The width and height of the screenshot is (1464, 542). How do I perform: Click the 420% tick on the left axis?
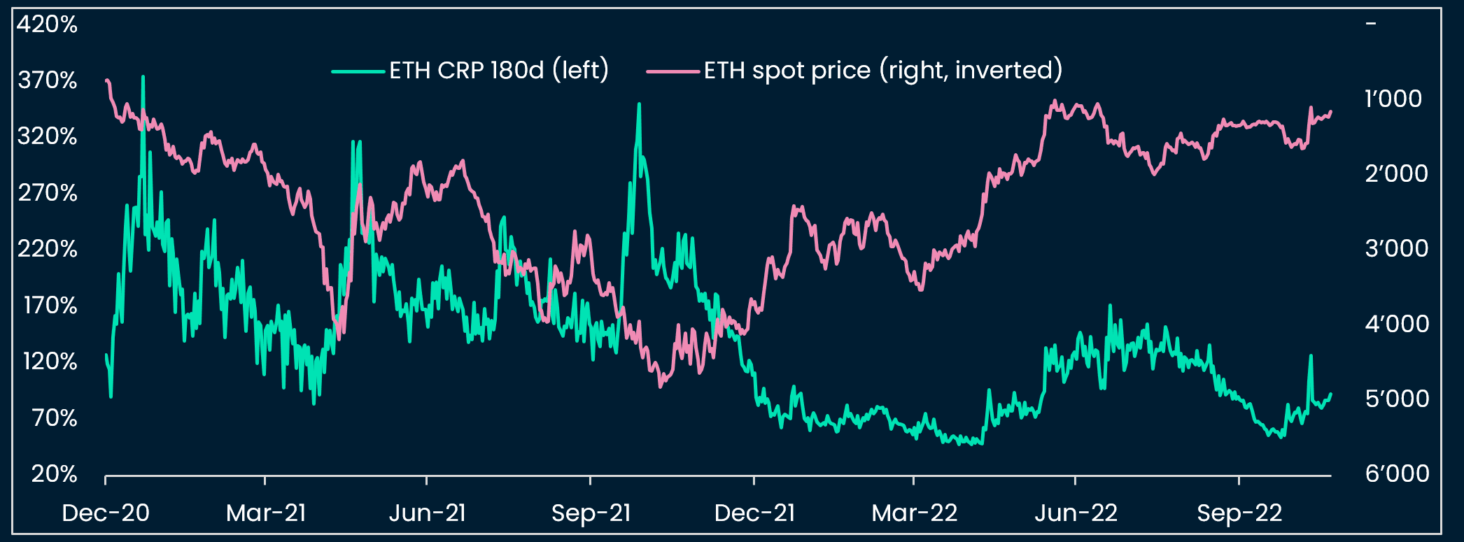click(47, 24)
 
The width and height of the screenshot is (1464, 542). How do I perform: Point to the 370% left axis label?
click(47, 80)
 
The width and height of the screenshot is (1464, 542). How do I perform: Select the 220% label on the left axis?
click(47, 249)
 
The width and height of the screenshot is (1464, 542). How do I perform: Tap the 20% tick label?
click(54, 474)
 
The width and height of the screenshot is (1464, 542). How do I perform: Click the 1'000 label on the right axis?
click(1393, 99)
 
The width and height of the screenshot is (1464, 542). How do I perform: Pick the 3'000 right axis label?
click(1396, 248)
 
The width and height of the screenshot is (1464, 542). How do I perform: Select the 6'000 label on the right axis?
click(1397, 473)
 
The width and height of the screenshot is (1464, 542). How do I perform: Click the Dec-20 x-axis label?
click(106, 513)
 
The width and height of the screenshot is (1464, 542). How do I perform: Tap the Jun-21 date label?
click(427, 513)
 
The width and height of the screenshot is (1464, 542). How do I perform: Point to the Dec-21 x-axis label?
click(754, 513)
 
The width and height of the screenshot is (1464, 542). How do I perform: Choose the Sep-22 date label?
click(1239, 513)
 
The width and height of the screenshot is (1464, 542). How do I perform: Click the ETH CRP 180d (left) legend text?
click(499, 71)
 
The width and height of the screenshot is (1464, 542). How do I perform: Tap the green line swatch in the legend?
click(358, 71)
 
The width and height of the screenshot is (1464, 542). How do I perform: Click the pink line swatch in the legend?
click(673, 71)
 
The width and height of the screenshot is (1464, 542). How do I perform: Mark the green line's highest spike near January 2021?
click(143, 77)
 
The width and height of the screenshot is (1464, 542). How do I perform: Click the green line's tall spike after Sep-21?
click(639, 104)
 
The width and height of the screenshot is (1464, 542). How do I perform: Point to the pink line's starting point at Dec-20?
click(106, 80)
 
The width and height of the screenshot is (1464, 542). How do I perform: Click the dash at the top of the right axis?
click(1371, 24)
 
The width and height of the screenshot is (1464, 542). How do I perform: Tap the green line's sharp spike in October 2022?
click(1311, 356)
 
